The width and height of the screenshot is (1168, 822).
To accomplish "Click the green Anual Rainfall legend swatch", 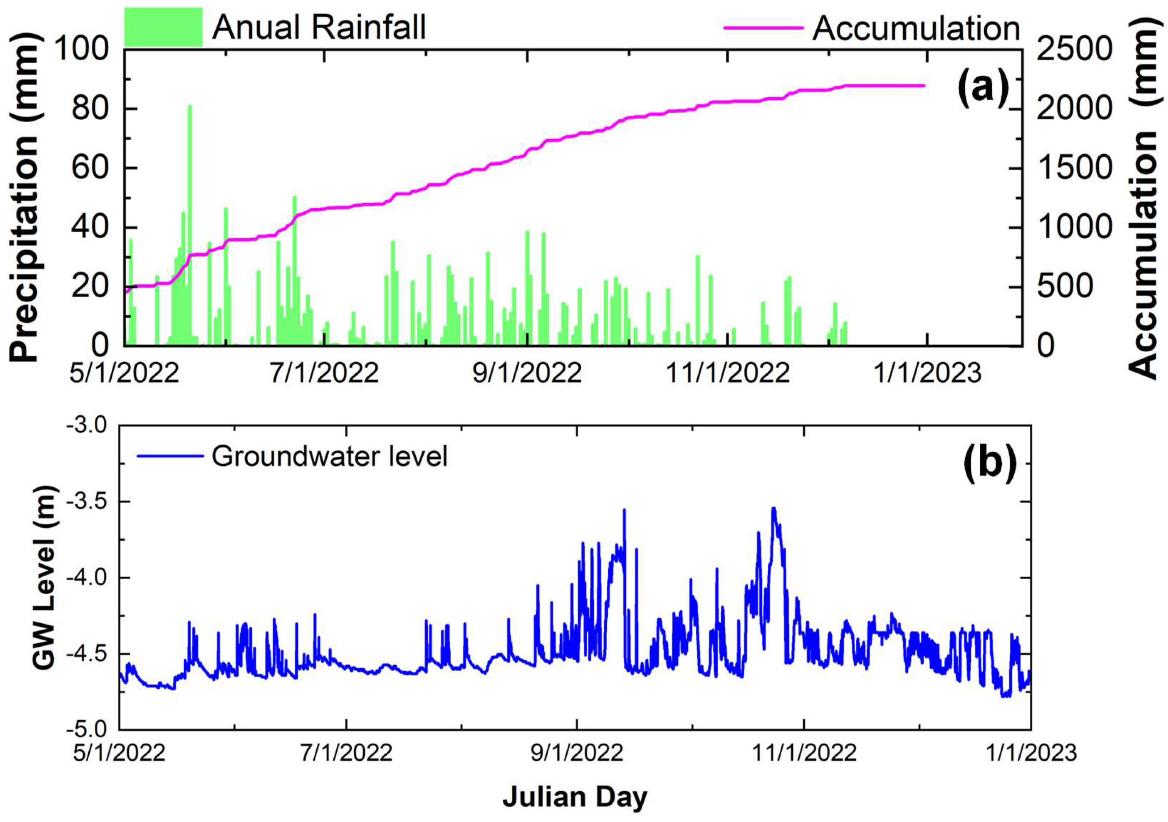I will click(163, 27).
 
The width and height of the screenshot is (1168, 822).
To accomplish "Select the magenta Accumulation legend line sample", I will click(764, 28).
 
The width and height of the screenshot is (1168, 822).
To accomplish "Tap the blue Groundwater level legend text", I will click(329, 456).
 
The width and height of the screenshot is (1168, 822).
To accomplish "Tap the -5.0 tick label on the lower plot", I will click(86, 729).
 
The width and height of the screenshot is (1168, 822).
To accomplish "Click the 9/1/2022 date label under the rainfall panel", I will click(527, 373).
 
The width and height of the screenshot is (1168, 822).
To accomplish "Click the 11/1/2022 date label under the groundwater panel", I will click(804, 752).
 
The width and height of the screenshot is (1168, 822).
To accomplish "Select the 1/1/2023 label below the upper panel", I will click(927, 373).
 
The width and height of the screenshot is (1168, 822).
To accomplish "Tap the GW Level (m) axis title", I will click(45, 577).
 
